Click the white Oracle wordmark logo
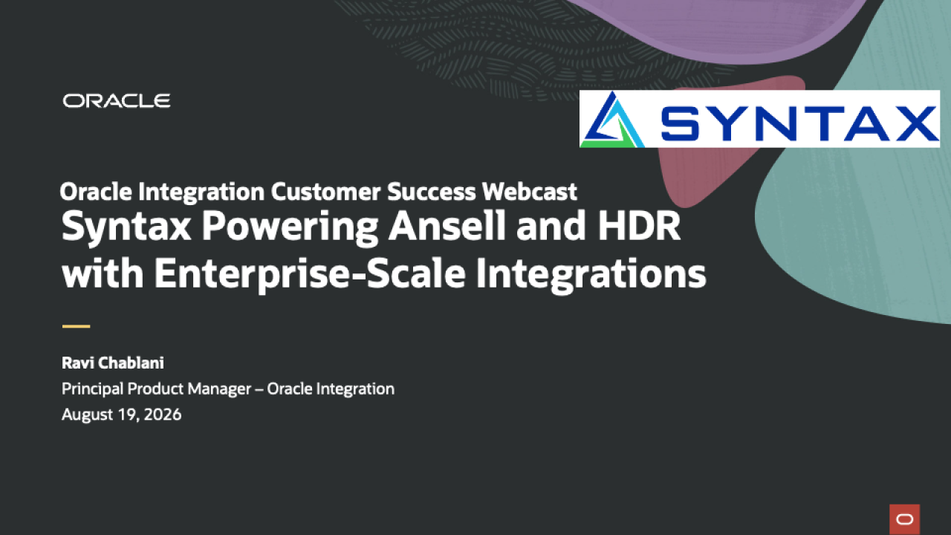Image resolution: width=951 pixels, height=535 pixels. pyautogui.click(x=117, y=101)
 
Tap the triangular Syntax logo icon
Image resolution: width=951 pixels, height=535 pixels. pyautogui.click(x=612, y=120)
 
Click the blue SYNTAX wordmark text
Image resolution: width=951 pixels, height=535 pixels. pyautogui.click(x=799, y=123)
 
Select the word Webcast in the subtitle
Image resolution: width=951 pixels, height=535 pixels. pyautogui.click(x=530, y=192)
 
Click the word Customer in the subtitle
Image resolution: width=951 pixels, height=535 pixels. pyautogui.click(x=325, y=192)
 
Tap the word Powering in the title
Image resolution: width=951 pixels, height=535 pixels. pyautogui.click(x=290, y=228)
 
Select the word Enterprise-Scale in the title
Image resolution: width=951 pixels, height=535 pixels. pyautogui.click(x=310, y=274)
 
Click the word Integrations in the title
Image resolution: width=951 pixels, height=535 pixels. pyautogui.click(x=591, y=274)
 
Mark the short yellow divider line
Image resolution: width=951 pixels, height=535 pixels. pyautogui.click(x=77, y=326)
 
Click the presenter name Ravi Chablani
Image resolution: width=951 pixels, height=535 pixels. pyautogui.click(x=113, y=363)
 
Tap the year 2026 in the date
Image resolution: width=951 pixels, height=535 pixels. pyautogui.click(x=163, y=415)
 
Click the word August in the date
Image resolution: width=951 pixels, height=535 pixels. pyautogui.click(x=87, y=415)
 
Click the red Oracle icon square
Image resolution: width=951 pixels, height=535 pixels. pyautogui.click(x=905, y=519)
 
